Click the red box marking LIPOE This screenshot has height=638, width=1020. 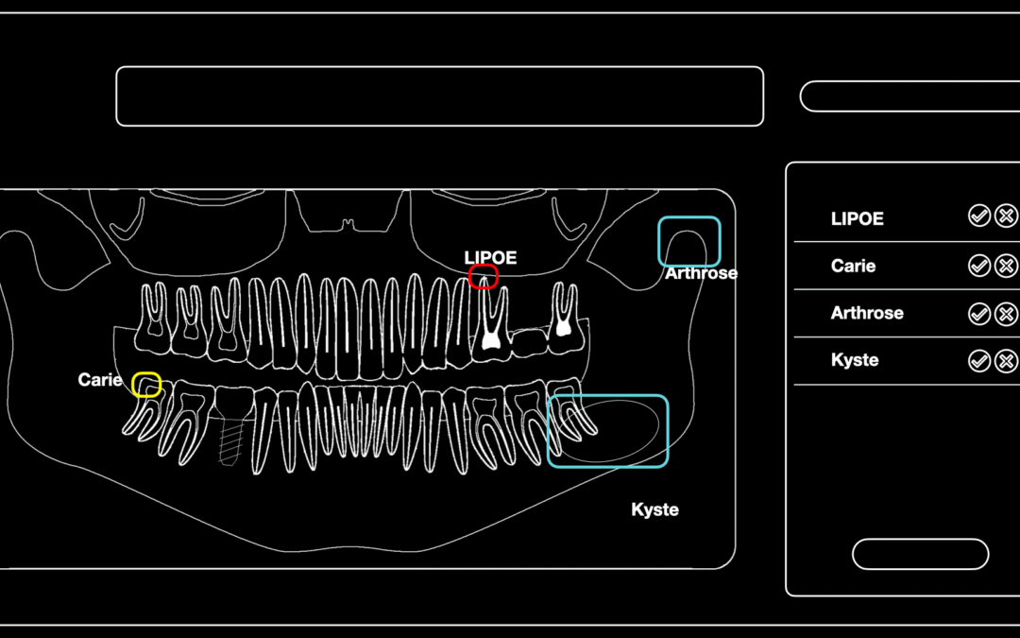[484, 266]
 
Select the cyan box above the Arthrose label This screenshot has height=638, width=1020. [689, 218]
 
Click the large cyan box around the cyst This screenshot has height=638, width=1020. [608, 396]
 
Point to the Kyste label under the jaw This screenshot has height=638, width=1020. [655, 509]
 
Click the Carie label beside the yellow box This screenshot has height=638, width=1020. [99, 380]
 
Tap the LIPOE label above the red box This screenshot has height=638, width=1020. [490, 258]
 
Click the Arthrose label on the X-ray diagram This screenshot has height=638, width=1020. [701, 273]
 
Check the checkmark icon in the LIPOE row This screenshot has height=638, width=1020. [979, 216]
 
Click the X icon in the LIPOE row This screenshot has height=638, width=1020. [1006, 216]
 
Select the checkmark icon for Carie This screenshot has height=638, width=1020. [979, 266]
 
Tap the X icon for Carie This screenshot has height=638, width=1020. [1006, 266]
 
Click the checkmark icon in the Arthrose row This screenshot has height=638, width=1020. [979, 314]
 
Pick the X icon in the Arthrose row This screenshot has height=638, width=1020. [1006, 314]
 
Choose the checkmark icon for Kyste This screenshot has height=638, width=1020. [979, 361]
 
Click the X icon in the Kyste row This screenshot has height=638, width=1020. [1006, 361]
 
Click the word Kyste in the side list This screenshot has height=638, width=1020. [855, 360]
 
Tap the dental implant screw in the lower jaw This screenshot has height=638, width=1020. [229, 441]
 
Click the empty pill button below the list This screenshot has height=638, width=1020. [921, 554]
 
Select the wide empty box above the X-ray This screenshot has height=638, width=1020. [440, 96]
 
